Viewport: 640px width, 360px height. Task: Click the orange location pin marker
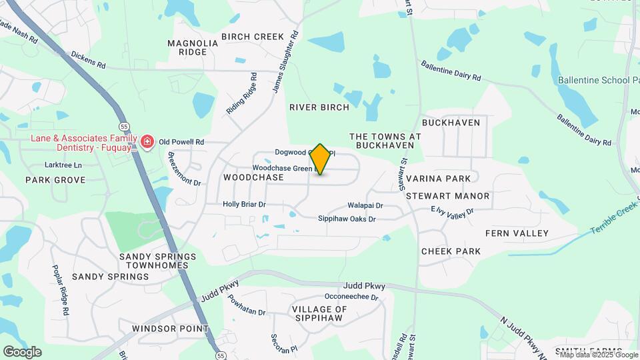[320, 159]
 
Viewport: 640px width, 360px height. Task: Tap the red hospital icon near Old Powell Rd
[146, 142]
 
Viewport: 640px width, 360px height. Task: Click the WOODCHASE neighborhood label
[253, 178]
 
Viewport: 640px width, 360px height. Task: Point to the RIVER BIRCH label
[319, 107]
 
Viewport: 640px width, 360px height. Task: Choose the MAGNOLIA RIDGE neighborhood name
[193, 47]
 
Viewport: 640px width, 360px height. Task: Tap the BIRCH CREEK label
[253, 37]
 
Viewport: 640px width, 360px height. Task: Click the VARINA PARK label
[438, 179]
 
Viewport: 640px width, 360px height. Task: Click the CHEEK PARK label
[451, 251]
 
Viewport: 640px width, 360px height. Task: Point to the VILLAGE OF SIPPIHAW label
[319, 314]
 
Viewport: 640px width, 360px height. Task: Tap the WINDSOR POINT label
[170, 329]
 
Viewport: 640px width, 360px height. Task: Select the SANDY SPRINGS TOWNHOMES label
[157, 261]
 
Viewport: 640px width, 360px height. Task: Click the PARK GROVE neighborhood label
[55, 180]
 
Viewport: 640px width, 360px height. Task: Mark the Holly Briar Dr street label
[244, 205]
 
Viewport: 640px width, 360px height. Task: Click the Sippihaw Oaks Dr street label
[347, 219]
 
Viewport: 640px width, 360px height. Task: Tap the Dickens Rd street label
[88, 61]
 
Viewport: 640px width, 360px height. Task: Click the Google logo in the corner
[22, 351]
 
